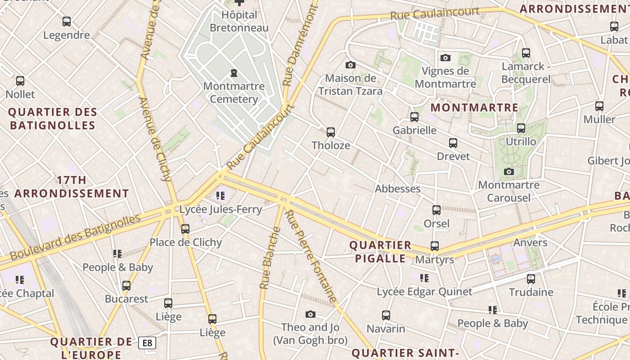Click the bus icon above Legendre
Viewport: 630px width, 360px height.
(67, 21)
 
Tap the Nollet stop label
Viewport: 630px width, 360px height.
(20, 94)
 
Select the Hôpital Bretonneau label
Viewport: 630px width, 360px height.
(239, 21)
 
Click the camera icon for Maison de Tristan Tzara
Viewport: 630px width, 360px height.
(351, 65)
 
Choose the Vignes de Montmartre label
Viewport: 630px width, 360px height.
(445, 77)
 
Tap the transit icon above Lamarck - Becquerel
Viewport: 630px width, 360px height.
(526, 53)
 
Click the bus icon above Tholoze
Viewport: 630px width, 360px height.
(331, 132)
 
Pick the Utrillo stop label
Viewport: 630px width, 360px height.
(521, 142)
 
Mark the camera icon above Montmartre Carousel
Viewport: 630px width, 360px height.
(509, 172)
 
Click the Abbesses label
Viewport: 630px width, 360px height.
(398, 189)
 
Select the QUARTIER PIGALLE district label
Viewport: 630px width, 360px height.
(381, 252)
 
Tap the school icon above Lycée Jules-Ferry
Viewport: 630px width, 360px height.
(220, 196)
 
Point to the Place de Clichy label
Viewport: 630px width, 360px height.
(185, 243)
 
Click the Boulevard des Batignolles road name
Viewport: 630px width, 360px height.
(75, 238)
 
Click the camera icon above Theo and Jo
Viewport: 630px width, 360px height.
(310, 315)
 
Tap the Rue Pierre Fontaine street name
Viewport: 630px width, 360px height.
(311, 256)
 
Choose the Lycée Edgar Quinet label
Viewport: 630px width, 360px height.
(424, 292)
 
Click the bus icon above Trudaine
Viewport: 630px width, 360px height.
(531, 279)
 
